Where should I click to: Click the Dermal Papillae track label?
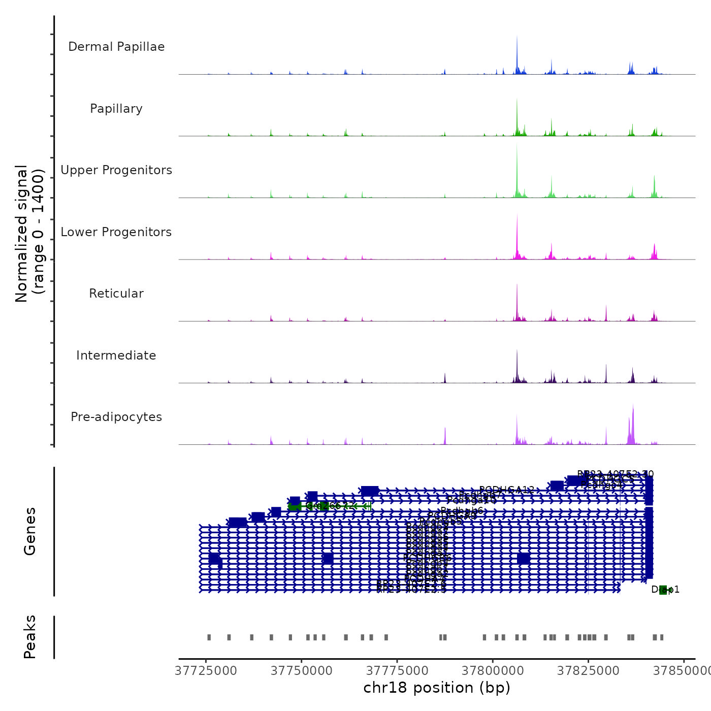[116, 47]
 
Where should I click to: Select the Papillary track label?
[116, 109]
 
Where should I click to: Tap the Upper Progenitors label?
[116, 170]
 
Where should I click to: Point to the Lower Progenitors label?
[116, 232]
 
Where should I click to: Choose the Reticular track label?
[116, 294]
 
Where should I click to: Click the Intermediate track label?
[116, 355]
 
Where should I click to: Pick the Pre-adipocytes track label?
[116, 417]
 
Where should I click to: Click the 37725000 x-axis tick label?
[206, 671]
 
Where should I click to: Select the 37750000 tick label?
[302, 671]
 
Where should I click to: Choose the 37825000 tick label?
[588, 671]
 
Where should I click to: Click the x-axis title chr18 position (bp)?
[437, 688]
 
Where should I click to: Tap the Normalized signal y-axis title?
[29, 234]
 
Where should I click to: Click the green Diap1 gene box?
[663, 590]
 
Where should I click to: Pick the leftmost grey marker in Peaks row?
[209, 637]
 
